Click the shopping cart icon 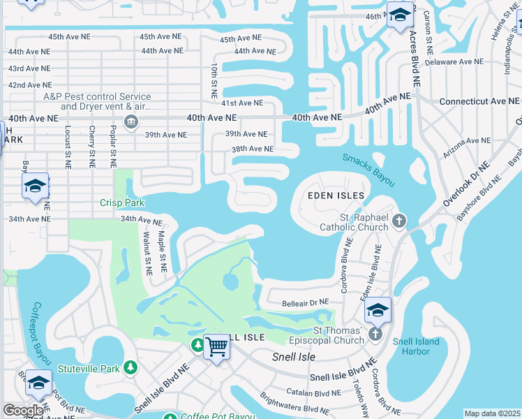217,345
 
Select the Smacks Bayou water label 369,170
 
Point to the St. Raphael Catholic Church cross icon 399,222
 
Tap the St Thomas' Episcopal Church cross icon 375,335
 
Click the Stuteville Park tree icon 130,367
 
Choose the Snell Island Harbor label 411,346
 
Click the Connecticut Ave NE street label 479,101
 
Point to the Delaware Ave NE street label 454,61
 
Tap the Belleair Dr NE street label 304,302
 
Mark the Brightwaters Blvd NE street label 294,406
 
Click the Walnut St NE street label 148,249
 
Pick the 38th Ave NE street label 253,149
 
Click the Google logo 23,411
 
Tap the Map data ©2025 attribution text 491,413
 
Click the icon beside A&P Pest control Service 130,123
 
